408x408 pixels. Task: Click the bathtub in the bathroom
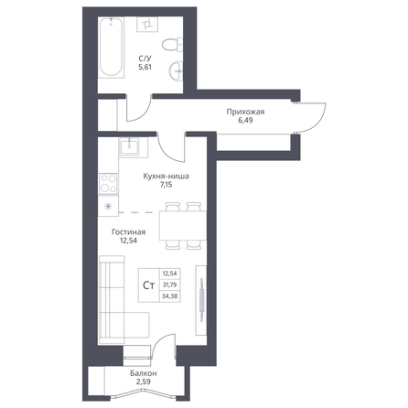coord(111,47)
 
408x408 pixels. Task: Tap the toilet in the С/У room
coord(173,45)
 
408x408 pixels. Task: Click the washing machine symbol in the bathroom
coord(147,24)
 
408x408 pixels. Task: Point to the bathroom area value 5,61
coord(145,68)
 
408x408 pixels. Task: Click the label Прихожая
coord(245,112)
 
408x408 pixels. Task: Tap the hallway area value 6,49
coord(245,121)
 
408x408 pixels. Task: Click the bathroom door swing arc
coord(143,113)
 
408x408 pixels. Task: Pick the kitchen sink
coord(129,147)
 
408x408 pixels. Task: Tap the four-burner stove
coord(108,183)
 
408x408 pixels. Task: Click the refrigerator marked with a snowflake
coord(108,207)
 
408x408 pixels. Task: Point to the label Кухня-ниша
coord(166,177)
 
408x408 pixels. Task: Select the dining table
coord(183,226)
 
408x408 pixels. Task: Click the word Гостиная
coord(129,232)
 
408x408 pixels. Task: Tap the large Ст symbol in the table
coord(149,285)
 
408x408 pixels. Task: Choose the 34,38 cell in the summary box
coord(170,296)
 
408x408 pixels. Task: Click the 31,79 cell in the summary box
coord(170,285)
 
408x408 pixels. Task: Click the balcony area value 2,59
coord(144,381)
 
